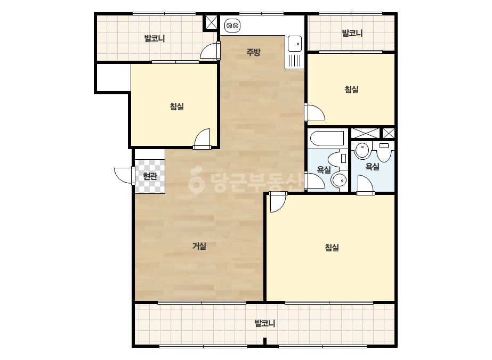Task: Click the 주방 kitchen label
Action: (253, 52)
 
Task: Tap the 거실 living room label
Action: (199, 246)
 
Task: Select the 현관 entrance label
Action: (150, 177)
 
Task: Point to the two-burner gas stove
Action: (232, 25)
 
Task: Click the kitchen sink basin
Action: (295, 44)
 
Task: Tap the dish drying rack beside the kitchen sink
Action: (295, 60)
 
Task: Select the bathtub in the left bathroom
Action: (327, 138)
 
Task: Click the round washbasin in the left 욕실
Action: (339, 180)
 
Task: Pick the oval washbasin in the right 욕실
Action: (362, 151)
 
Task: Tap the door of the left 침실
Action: (203, 139)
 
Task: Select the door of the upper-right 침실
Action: (314, 112)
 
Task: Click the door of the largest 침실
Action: (277, 202)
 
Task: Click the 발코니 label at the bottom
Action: (265, 323)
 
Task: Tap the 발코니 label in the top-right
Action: (352, 33)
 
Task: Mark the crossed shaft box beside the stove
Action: (211, 22)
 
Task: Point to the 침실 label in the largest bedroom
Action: (332, 248)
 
